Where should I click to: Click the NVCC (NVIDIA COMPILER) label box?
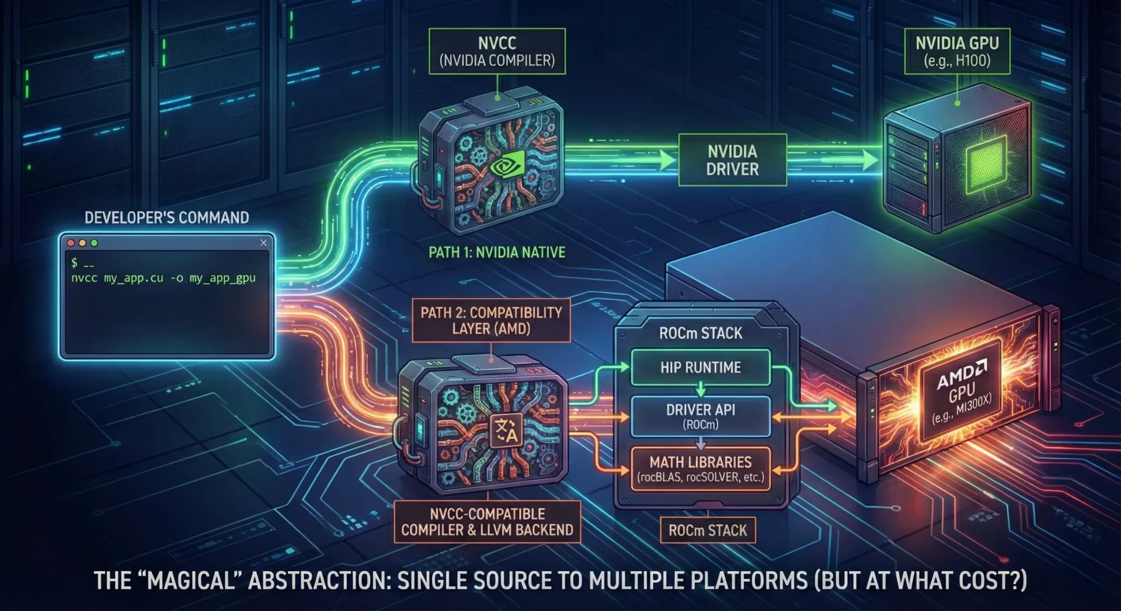497,51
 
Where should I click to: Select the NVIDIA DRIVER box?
732,160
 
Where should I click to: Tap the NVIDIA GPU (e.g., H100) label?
957,51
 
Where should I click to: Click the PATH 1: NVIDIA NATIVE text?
497,252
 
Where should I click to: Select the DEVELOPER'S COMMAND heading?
166,218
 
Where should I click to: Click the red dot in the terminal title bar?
71,243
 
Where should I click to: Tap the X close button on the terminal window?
263,243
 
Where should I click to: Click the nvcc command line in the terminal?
163,278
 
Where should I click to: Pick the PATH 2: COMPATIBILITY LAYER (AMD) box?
491,320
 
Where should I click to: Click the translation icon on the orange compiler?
506,432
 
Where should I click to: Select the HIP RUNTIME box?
701,367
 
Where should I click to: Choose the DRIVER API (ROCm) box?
701,416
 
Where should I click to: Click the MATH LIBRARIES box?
701,469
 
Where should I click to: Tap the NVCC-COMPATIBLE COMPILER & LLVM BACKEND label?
487,522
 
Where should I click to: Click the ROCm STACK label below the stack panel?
708,530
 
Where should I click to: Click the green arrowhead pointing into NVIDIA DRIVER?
667,160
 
